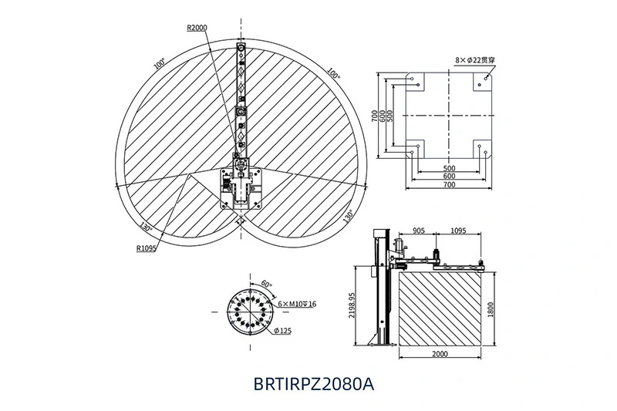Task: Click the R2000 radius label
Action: tap(197, 27)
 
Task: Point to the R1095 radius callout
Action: tap(147, 248)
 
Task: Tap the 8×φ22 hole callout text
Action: tap(474, 59)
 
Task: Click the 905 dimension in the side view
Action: tap(419, 230)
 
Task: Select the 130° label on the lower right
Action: tap(348, 214)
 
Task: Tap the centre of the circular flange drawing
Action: tap(249, 310)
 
